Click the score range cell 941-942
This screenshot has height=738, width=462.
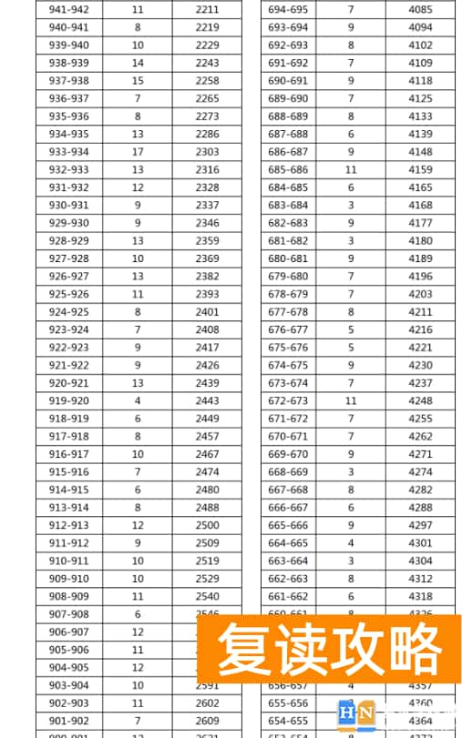69,9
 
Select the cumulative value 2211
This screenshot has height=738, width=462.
207,9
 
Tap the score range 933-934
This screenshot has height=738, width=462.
69,152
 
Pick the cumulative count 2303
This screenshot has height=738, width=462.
207,152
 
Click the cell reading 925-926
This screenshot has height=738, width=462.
69,294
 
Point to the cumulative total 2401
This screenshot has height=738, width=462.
207,312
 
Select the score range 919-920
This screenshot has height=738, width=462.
69,400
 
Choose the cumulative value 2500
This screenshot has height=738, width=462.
207,525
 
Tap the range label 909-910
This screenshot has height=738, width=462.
69,579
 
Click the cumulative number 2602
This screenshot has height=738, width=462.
207,703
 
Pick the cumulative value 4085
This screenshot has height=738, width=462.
420,9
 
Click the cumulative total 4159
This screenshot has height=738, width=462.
420,169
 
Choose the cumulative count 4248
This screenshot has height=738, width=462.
420,400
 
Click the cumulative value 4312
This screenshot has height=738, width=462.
420,579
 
